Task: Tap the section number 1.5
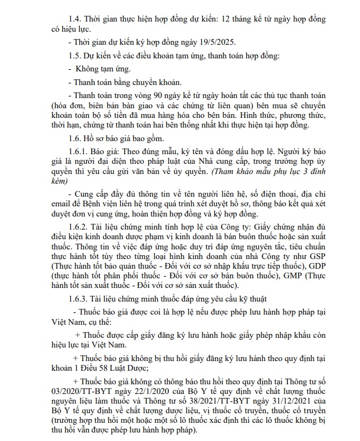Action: click(75, 56)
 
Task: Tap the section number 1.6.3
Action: click(79, 299)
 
